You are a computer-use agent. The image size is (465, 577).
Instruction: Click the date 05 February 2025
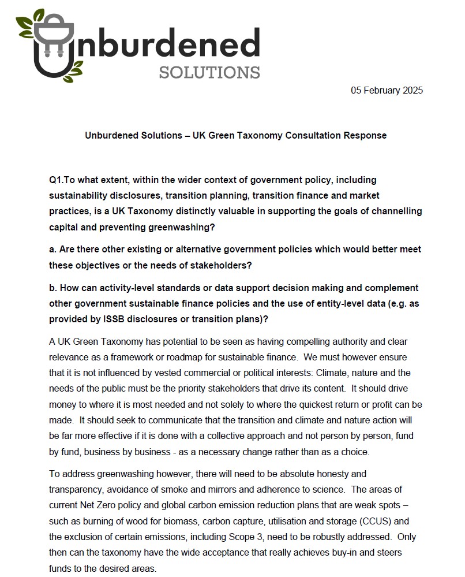pyautogui.click(x=387, y=91)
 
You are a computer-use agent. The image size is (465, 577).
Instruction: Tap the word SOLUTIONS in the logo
pyautogui.click(x=209, y=73)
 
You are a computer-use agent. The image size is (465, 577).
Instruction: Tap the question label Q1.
pyautogui.click(x=57, y=180)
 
